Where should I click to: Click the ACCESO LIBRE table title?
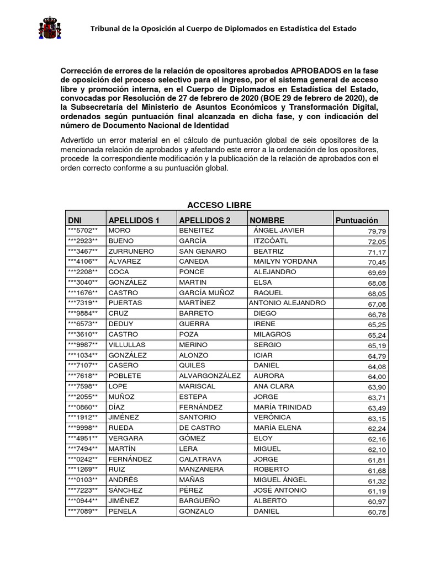point(211,205)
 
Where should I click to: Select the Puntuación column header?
point(357,220)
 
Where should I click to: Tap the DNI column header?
point(75,220)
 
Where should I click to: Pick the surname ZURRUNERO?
point(131,251)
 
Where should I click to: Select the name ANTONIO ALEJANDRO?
point(287,303)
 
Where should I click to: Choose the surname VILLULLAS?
point(130,345)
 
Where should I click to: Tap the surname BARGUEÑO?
point(201,500)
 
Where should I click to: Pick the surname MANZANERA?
point(203,470)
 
